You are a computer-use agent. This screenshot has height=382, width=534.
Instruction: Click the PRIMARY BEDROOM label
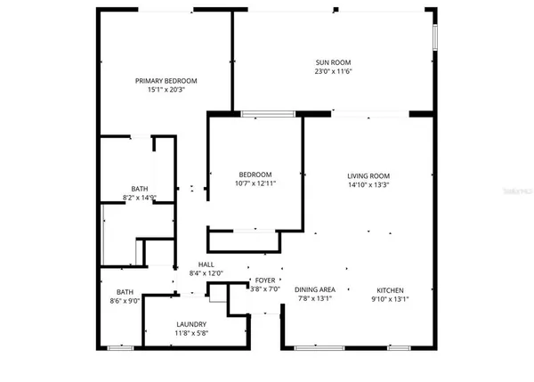166,80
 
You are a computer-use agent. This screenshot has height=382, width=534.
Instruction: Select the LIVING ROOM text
369,175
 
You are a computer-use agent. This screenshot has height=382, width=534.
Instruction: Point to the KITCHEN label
390,290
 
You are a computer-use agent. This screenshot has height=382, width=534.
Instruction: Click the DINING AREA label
315,290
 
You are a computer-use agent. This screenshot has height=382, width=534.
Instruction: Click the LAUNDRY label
191,324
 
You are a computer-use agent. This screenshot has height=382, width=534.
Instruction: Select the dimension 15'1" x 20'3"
166,90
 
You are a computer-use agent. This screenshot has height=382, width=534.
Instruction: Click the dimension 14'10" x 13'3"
369,184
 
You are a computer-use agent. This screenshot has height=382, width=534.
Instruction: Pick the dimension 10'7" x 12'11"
255,183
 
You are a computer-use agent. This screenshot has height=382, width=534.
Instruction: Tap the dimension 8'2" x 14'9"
140,198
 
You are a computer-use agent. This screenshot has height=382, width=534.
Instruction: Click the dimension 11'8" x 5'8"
191,334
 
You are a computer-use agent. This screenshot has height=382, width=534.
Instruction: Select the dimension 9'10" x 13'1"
390,299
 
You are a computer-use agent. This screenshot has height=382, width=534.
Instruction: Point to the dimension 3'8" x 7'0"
265,289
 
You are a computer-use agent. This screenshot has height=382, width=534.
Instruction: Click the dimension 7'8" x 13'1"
315,299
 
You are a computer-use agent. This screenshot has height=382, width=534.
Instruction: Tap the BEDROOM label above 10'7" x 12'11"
255,175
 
